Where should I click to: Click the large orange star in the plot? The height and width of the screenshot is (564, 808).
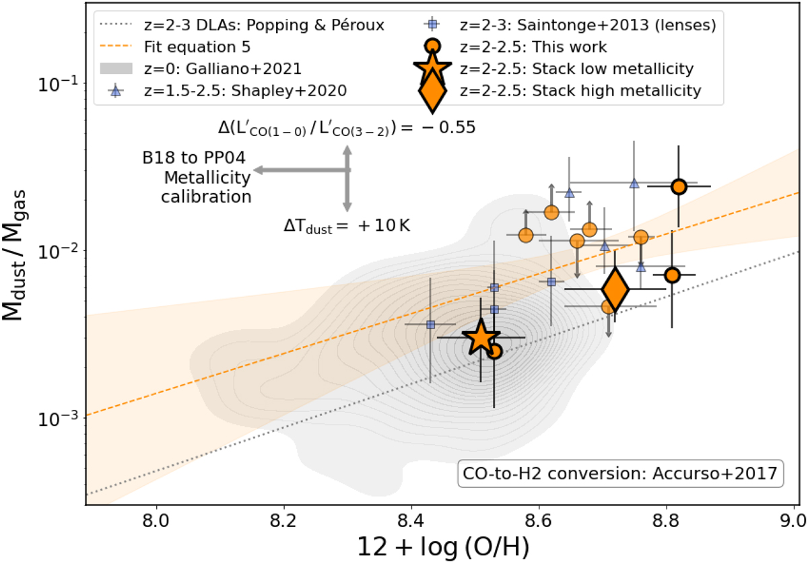click(x=480, y=338)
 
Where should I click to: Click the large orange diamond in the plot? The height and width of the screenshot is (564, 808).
click(x=615, y=289)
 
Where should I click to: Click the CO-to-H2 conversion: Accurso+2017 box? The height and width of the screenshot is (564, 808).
click(x=620, y=474)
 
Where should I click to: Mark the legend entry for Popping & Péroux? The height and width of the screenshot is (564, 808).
click(x=242, y=26)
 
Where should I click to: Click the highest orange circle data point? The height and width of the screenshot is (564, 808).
click(x=679, y=186)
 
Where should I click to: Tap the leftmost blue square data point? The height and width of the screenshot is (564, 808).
click(x=431, y=324)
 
